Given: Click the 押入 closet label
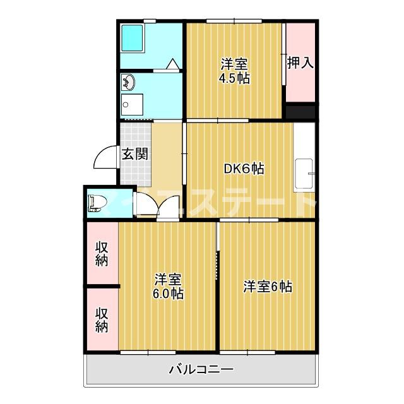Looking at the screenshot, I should point(300,62).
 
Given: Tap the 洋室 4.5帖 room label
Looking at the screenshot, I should point(234,71).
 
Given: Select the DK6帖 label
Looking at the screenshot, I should point(244,169).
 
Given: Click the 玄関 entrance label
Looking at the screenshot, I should point(134,154).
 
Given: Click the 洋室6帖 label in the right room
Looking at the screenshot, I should point(268,286).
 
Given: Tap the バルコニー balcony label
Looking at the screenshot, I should point(201,370).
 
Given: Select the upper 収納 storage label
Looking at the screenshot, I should point(102,253).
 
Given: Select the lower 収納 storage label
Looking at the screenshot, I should point(102,319).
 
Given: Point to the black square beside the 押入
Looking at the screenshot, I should point(299,112).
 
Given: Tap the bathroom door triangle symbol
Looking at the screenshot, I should point(172,63).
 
